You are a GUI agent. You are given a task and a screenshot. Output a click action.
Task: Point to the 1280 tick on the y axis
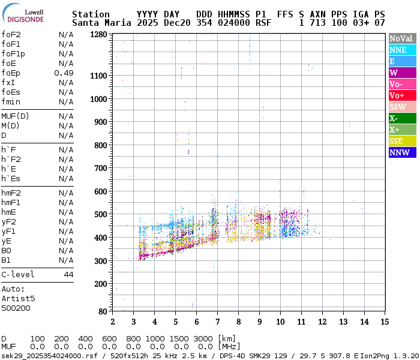pyautogui.click(x=98, y=34)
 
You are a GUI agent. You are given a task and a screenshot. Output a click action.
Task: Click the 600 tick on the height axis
pyautogui.click(x=101, y=191)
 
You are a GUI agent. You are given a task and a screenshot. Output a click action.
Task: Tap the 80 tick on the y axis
pyautogui.click(x=103, y=311)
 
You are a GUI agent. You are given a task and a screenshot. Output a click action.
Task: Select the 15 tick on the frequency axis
pyautogui.click(x=384, y=322)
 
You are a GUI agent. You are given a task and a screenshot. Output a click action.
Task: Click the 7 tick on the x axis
pyautogui.click(x=217, y=322)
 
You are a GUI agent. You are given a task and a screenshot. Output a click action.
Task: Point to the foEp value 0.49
pyautogui.click(x=64, y=73)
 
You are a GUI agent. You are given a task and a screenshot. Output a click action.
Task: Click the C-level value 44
pyautogui.click(x=68, y=274)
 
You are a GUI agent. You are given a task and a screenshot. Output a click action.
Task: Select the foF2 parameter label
pyautogui.click(x=11, y=34)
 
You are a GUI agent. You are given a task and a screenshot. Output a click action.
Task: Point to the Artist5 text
pyautogui.click(x=18, y=298)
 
